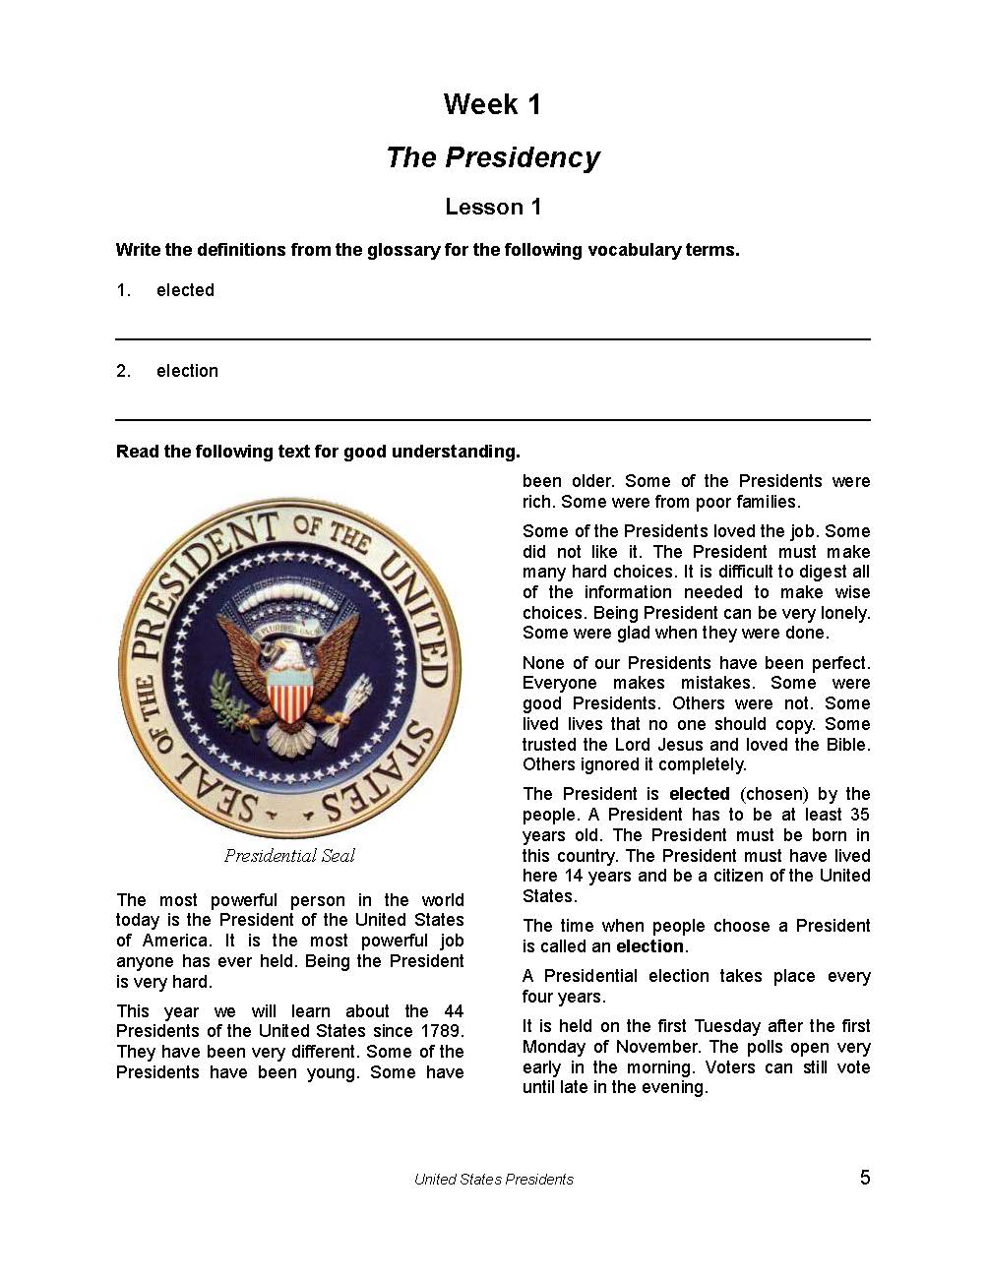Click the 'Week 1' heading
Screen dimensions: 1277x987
(x=492, y=104)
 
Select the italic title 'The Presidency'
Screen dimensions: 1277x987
(x=493, y=157)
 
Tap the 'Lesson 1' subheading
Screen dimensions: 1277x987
(x=493, y=207)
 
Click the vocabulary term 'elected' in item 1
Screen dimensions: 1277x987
(x=185, y=290)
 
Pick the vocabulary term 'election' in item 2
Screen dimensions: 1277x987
(x=187, y=371)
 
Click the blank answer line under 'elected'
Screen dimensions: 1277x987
(x=492, y=338)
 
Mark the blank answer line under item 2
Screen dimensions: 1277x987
(x=492, y=419)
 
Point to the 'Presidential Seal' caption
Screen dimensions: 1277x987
(x=289, y=856)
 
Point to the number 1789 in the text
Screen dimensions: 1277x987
(x=439, y=1031)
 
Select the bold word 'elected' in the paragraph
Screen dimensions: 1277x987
(x=699, y=794)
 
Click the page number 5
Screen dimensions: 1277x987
(x=865, y=1178)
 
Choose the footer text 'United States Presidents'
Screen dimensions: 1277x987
(x=493, y=1180)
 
